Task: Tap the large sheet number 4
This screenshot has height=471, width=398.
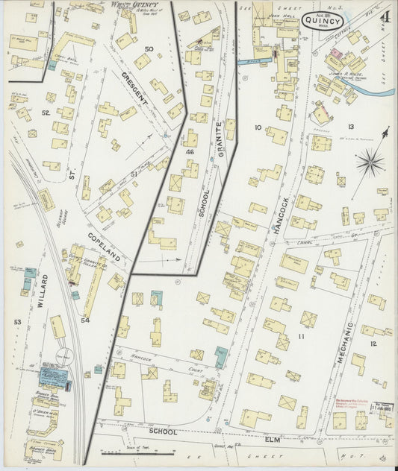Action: coord(384,16)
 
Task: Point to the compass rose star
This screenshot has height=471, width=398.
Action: coord(370,162)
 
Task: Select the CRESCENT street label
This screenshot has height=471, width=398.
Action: coord(136,88)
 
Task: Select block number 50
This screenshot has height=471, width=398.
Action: coord(149,49)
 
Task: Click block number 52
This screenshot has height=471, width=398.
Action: coord(46,113)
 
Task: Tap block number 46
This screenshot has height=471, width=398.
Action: coord(190,151)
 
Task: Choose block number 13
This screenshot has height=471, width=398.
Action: coord(349,127)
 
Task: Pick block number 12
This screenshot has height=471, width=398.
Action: coord(373,344)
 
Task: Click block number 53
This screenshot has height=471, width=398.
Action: coord(17,321)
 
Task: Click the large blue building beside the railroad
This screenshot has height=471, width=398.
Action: coord(54,375)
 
